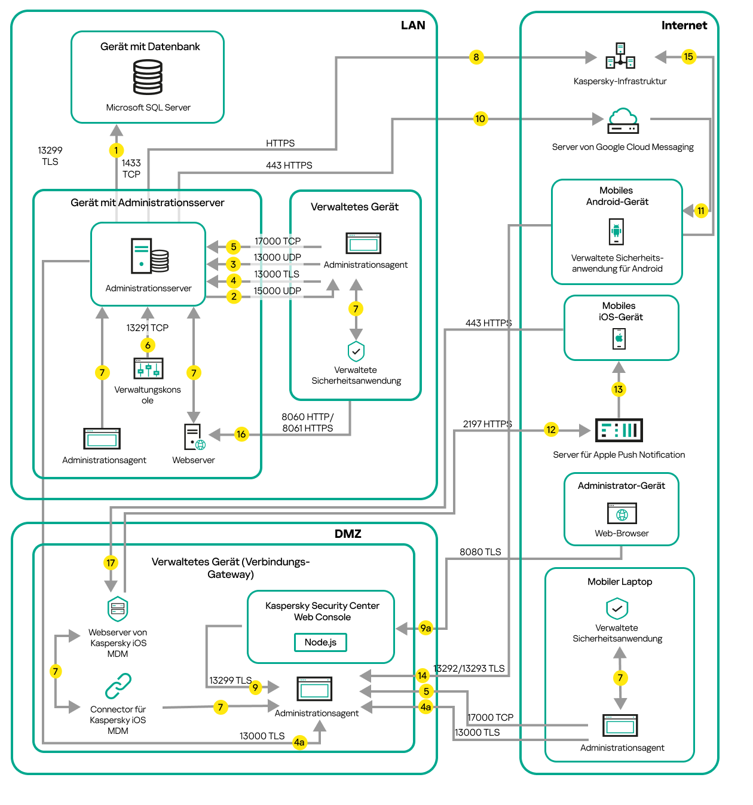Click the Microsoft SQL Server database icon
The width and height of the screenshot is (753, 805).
pyautogui.click(x=148, y=78)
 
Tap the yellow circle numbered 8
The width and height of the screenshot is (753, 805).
pyautogui.click(x=476, y=57)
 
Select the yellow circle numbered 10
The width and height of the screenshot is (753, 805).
pyautogui.click(x=480, y=118)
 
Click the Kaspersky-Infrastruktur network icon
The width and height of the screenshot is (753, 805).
pyautogui.click(x=620, y=57)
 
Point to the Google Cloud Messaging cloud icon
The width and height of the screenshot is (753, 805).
pyautogui.click(x=623, y=121)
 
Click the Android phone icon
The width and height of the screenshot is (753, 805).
pyautogui.click(x=616, y=231)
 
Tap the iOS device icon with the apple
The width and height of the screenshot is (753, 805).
pyautogui.click(x=619, y=339)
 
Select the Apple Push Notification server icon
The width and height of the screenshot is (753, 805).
pyautogui.click(x=619, y=430)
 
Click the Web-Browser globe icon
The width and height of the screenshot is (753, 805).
pyautogui.click(x=622, y=514)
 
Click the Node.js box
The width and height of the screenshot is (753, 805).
pyautogui.click(x=320, y=642)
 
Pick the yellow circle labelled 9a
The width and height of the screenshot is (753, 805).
pyautogui.click(x=426, y=628)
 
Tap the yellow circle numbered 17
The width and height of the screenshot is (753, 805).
pyautogui.click(x=111, y=562)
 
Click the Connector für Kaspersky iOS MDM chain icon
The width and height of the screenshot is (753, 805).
pyautogui.click(x=118, y=686)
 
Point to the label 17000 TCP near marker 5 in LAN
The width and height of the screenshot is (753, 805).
pyautogui.click(x=277, y=241)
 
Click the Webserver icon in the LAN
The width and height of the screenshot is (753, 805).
pyautogui.click(x=194, y=437)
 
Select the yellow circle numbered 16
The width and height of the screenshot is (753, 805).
pyautogui.click(x=241, y=434)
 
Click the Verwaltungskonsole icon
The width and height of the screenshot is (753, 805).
pyautogui.click(x=148, y=368)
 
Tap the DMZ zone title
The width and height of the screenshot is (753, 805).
pyautogui.click(x=348, y=534)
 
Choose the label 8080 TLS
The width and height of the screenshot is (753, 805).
pyautogui.click(x=480, y=552)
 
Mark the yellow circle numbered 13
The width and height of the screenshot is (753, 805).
pyautogui.click(x=618, y=390)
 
